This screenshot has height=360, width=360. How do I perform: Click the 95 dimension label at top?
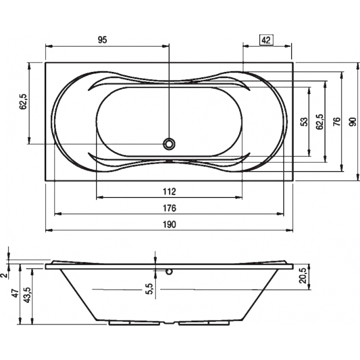tap(102, 40)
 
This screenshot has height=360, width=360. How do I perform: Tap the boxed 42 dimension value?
tap(266, 40)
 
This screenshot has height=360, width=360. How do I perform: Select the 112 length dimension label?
tap(169, 191)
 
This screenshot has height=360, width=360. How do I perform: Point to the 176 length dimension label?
tap(169, 208)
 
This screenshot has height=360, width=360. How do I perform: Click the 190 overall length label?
tap(169, 224)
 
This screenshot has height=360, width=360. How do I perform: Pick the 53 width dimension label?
tap(304, 122)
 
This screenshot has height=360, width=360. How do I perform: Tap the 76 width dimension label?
tap(336, 122)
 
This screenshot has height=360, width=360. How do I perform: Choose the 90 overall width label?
tap(353, 122)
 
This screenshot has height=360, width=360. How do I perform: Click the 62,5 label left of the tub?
tap(24, 102)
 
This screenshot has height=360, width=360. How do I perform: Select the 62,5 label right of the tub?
tap(320, 122)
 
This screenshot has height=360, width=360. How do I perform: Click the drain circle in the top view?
tap(169, 144)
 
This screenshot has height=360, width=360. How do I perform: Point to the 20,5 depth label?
tap(303, 276)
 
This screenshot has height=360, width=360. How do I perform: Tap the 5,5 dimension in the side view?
tap(149, 289)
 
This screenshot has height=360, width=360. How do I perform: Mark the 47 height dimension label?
tap(15, 294)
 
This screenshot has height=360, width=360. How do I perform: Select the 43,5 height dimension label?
tap(27, 295)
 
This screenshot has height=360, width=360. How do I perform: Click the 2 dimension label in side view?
tap(4, 275)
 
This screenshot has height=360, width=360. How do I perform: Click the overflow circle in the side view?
tap(169, 272)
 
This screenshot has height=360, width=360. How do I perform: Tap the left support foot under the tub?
tap(134, 323)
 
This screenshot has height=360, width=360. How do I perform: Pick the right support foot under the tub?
tap(204, 323)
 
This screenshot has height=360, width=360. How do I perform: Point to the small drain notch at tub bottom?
tap(169, 323)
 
